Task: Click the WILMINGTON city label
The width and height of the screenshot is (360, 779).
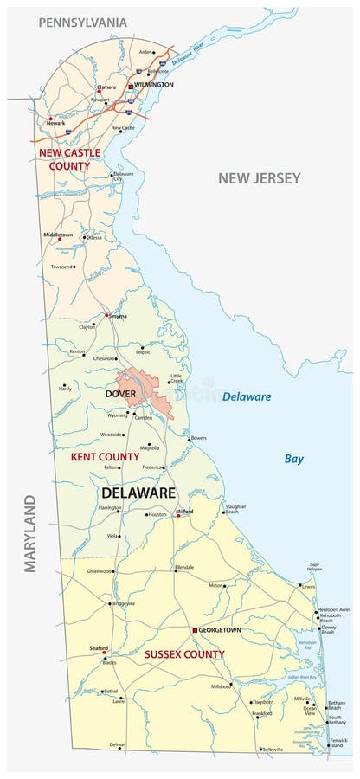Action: pyautogui.click(x=156, y=85)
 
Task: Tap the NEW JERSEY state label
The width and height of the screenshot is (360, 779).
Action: pyautogui.click(x=259, y=178)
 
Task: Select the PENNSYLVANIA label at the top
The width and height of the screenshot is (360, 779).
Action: pyautogui.click(x=83, y=22)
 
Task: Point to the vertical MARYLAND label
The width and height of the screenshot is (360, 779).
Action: pyautogui.click(x=30, y=533)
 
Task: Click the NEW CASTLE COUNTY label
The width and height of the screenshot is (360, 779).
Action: pyautogui.click(x=69, y=158)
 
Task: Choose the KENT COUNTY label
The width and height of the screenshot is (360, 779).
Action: pyautogui.click(x=104, y=456)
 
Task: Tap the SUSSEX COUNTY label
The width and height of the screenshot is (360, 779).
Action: pyautogui.click(x=184, y=654)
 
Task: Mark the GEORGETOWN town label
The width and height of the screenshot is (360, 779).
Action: pyautogui.click(x=221, y=630)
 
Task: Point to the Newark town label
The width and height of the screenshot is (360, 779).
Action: pyautogui.click(x=55, y=123)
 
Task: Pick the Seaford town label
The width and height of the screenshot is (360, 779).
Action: pyautogui.click(x=100, y=648)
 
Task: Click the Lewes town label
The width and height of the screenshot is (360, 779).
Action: pyautogui.click(x=308, y=586)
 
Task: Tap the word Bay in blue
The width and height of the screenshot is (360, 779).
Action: pyautogui.click(x=294, y=459)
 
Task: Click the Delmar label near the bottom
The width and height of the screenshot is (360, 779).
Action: pyautogui.click(x=116, y=745)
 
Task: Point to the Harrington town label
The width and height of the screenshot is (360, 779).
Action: pyautogui.click(x=109, y=508)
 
